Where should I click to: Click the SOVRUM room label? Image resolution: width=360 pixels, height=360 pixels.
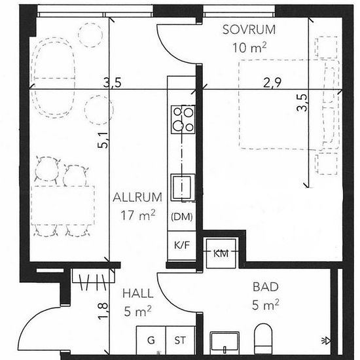[249, 30]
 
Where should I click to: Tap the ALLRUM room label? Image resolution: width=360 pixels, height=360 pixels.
[137, 198]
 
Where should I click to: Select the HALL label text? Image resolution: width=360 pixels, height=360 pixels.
[137, 294]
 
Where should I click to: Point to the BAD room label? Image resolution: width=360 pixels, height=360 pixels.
[266, 287]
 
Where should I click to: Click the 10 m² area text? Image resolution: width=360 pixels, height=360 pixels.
[249, 48]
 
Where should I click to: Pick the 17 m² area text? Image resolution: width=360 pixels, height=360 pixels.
[138, 215]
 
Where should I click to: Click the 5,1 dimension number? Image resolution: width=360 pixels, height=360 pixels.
[103, 140]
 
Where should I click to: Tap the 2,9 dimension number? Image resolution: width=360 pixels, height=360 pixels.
[272, 83]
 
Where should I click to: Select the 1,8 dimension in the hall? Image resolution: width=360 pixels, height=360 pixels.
[103, 311]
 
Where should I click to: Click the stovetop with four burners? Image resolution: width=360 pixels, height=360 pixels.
[183, 119]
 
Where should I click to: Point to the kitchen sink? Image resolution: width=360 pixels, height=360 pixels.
[183, 187]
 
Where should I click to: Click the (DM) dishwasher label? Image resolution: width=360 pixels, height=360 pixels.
[182, 217]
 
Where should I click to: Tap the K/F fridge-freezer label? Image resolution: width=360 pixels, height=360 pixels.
[182, 245]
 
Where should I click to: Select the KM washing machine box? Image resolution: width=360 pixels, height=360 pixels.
[221, 253]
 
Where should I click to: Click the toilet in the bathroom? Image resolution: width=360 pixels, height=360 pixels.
[263, 338]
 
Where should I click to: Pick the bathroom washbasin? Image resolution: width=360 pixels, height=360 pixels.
[225, 342]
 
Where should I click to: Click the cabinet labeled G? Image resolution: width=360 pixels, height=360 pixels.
[151, 340]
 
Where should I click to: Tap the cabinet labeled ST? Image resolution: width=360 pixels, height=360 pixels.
[180, 340]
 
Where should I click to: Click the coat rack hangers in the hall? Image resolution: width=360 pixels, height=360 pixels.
[93, 281]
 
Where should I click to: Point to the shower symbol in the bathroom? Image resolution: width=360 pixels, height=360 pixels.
[326, 341]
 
